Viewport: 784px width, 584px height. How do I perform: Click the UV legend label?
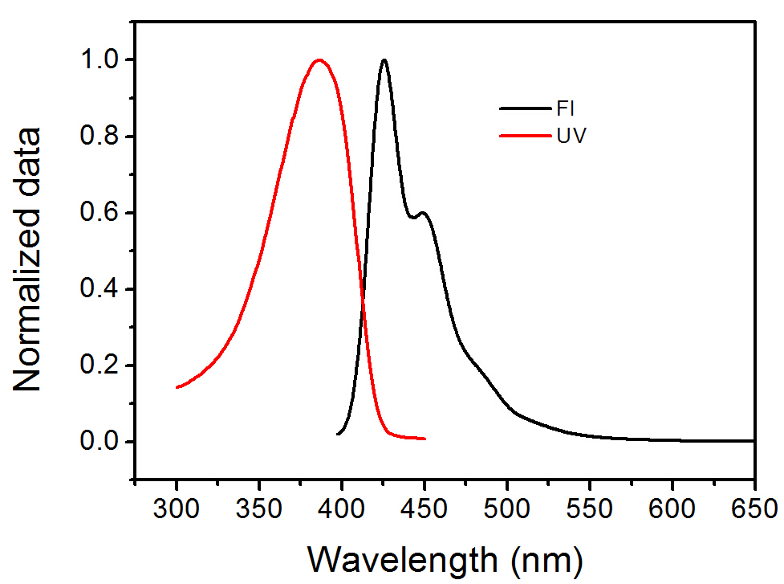pyautogui.click(x=571, y=136)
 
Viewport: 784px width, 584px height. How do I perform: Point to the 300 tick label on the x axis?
pyautogui.click(x=177, y=508)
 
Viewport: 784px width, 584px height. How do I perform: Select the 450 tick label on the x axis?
pyautogui.click(x=424, y=508)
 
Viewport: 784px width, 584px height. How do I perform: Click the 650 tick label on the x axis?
pyautogui.click(x=754, y=508)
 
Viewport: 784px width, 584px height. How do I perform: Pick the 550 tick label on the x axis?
pyautogui.click(x=590, y=508)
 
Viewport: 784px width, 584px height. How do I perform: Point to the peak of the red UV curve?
pyautogui.click(x=319, y=59)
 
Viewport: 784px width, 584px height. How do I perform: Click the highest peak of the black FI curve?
pyautogui.click(x=384, y=59)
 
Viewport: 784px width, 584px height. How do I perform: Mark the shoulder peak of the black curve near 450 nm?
pyautogui.click(x=423, y=213)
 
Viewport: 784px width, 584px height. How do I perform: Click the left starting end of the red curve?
pyautogui.click(x=177, y=387)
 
